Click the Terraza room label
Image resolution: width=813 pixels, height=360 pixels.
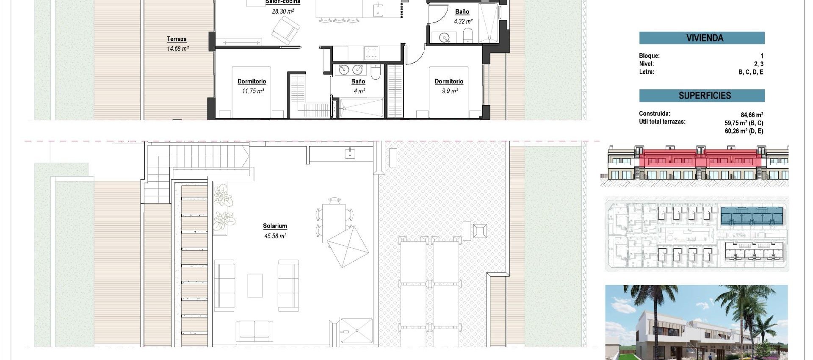[177, 39]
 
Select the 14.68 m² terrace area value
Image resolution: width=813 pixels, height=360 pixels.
[178, 49]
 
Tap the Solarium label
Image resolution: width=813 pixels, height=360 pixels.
[275, 226]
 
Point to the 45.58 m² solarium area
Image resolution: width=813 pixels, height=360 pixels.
[275, 236]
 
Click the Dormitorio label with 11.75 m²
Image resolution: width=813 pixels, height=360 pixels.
[252, 81]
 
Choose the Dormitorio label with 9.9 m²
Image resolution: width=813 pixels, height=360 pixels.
[449, 81]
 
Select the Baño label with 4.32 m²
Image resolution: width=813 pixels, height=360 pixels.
[462, 12]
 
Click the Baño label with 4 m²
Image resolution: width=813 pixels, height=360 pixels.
[358, 81]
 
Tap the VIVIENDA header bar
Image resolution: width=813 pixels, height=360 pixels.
[702, 38]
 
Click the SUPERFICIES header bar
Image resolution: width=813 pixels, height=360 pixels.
[702, 95]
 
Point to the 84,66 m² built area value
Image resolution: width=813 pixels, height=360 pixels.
[752, 115]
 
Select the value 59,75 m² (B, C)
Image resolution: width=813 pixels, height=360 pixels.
[744, 123]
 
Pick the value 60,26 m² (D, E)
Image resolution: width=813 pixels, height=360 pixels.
[744, 131]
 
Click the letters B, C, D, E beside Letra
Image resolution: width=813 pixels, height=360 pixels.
[751, 72]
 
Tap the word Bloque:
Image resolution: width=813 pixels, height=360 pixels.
[649, 55]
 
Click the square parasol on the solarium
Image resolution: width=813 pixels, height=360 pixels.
[348, 246]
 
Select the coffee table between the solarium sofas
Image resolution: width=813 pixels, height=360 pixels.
[255, 285]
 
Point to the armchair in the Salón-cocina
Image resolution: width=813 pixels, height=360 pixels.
[286, 30]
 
